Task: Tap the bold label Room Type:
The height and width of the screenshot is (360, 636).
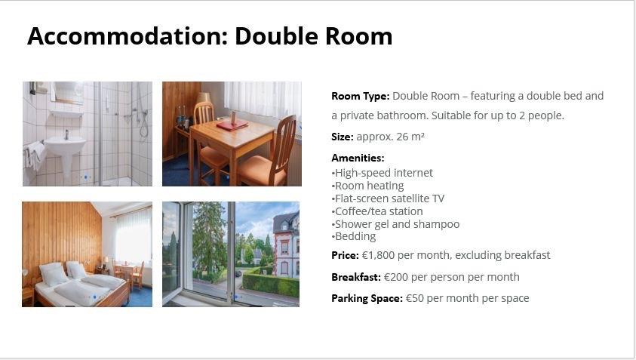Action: (360, 96)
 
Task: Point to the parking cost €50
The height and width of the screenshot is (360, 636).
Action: (414, 298)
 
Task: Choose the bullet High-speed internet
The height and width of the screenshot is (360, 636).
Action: (382, 173)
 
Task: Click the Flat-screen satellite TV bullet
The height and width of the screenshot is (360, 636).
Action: (388, 198)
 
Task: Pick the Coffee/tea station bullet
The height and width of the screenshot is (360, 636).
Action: (377, 211)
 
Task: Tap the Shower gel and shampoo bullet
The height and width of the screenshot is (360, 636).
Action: (395, 224)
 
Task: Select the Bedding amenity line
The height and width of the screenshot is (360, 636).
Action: (354, 237)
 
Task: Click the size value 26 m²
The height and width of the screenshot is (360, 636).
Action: (410, 137)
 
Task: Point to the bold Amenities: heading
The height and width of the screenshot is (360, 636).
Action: (358, 158)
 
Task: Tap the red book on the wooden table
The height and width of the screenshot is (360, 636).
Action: (232, 125)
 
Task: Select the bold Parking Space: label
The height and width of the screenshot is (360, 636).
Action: (367, 298)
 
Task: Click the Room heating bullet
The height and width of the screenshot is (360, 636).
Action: (367, 186)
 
